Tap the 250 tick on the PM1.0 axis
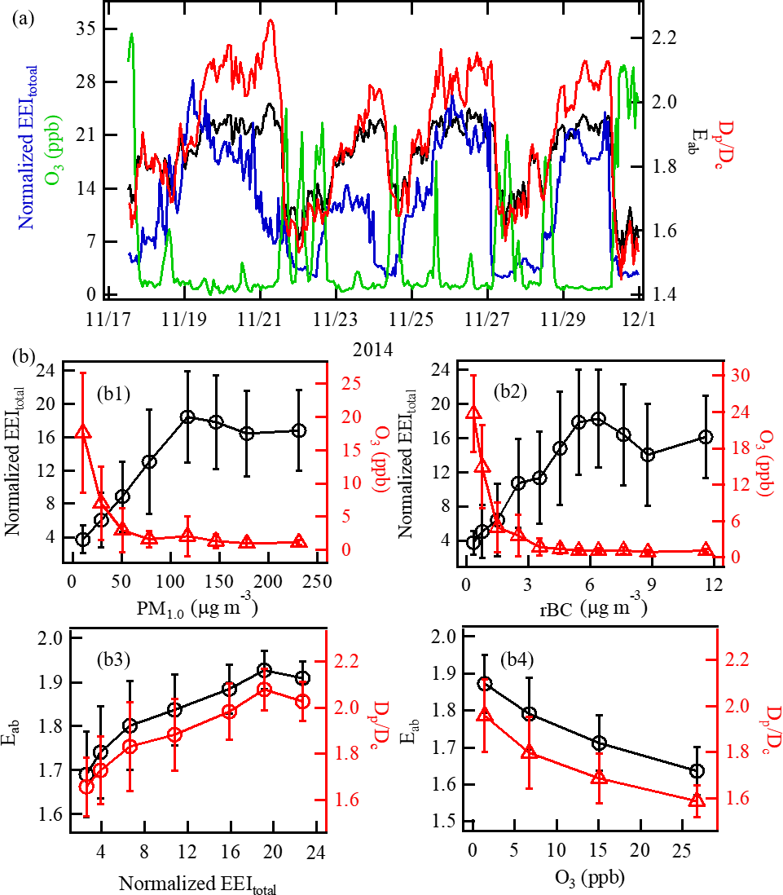[x=315, y=580]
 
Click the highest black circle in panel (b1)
[x=187, y=417]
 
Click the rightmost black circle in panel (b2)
[x=706, y=437]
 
